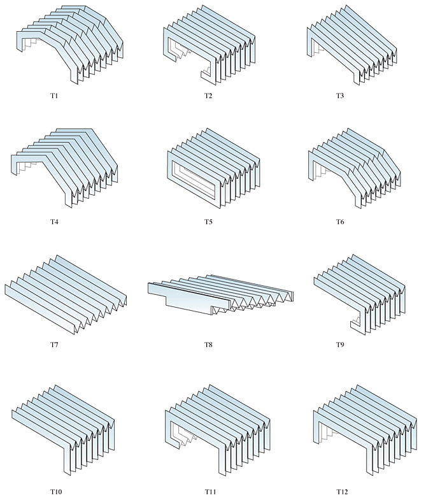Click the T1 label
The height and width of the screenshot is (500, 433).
pyautogui.click(x=54, y=96)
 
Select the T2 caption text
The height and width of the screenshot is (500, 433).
pyautogui.click(x=208, y=96)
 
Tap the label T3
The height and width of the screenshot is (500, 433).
pyautogui.click(x=340, y=96)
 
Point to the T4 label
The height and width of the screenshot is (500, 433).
pyautogui.click(x=54, y=222)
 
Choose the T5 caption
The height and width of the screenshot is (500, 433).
pyautogui.click(x=208, y=222)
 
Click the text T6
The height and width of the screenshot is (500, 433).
pyautogui.click(x=340, y=222)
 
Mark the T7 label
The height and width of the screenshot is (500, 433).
pyautogui.click(x=54, y=345)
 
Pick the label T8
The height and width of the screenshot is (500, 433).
pyautogui.click(x=208, y=345)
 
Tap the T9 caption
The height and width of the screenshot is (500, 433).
pyautogui.click(x=340, y=345)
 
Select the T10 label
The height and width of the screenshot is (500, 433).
pyautogui.click(x=56, y=492)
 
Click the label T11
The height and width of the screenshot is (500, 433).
pyautogui.click(x=210, y=492)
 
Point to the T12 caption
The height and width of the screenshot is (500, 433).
pyautogui.click(x=342, y=492)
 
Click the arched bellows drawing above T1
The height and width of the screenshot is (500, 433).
pyautogui.click(x=70, y=45)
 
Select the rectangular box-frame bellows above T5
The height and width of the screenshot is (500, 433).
pyautogui.click(x=213, y=168)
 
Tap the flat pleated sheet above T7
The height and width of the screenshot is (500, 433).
pyautogui.click(x=66, y=295)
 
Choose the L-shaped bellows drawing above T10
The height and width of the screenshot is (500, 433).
pyautogui.click(x=63, y=430)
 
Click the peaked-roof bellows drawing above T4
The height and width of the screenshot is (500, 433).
pyautogui.click(x=64, y=168)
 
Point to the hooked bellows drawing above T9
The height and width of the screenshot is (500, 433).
pyautogui.click(x=360, y=295)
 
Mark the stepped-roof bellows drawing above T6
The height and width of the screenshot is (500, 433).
pyautogui.click(x=355, y=168)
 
